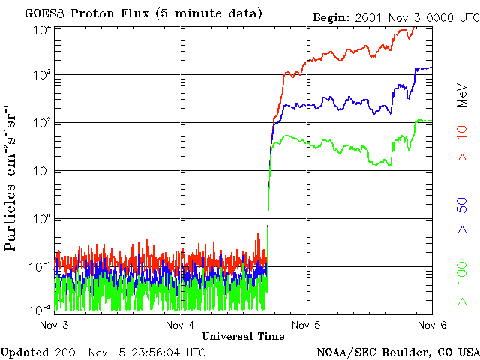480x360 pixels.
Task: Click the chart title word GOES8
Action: coord(43,13)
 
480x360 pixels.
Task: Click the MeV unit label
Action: coord(462,94)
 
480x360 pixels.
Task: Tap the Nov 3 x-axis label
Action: coord(54,325)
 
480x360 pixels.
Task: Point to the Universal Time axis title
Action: coord(242,336)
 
